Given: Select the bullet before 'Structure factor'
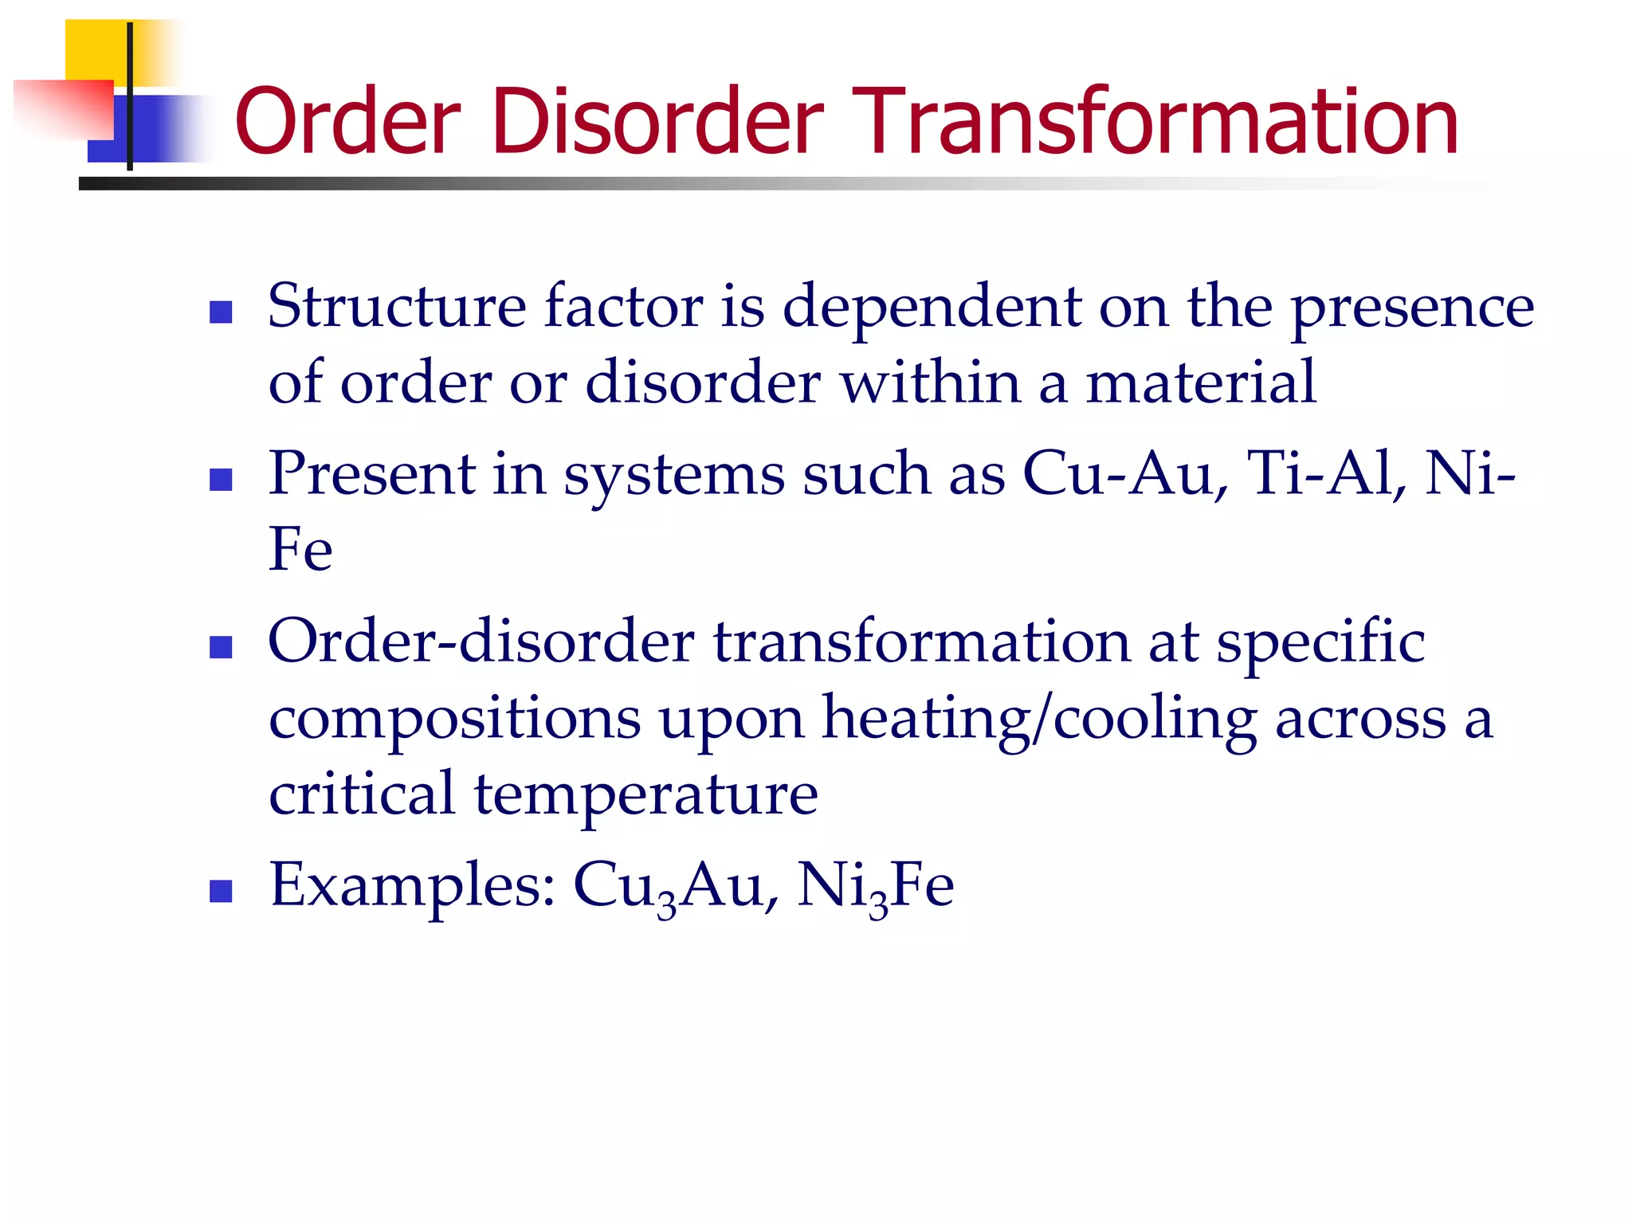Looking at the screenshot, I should coord(221,312).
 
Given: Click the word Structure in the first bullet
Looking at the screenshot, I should coord(397,306).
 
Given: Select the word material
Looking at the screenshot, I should coord(1201,382).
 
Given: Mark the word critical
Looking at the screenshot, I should coord(361,794).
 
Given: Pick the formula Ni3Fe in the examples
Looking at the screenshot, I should coord(875,887).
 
